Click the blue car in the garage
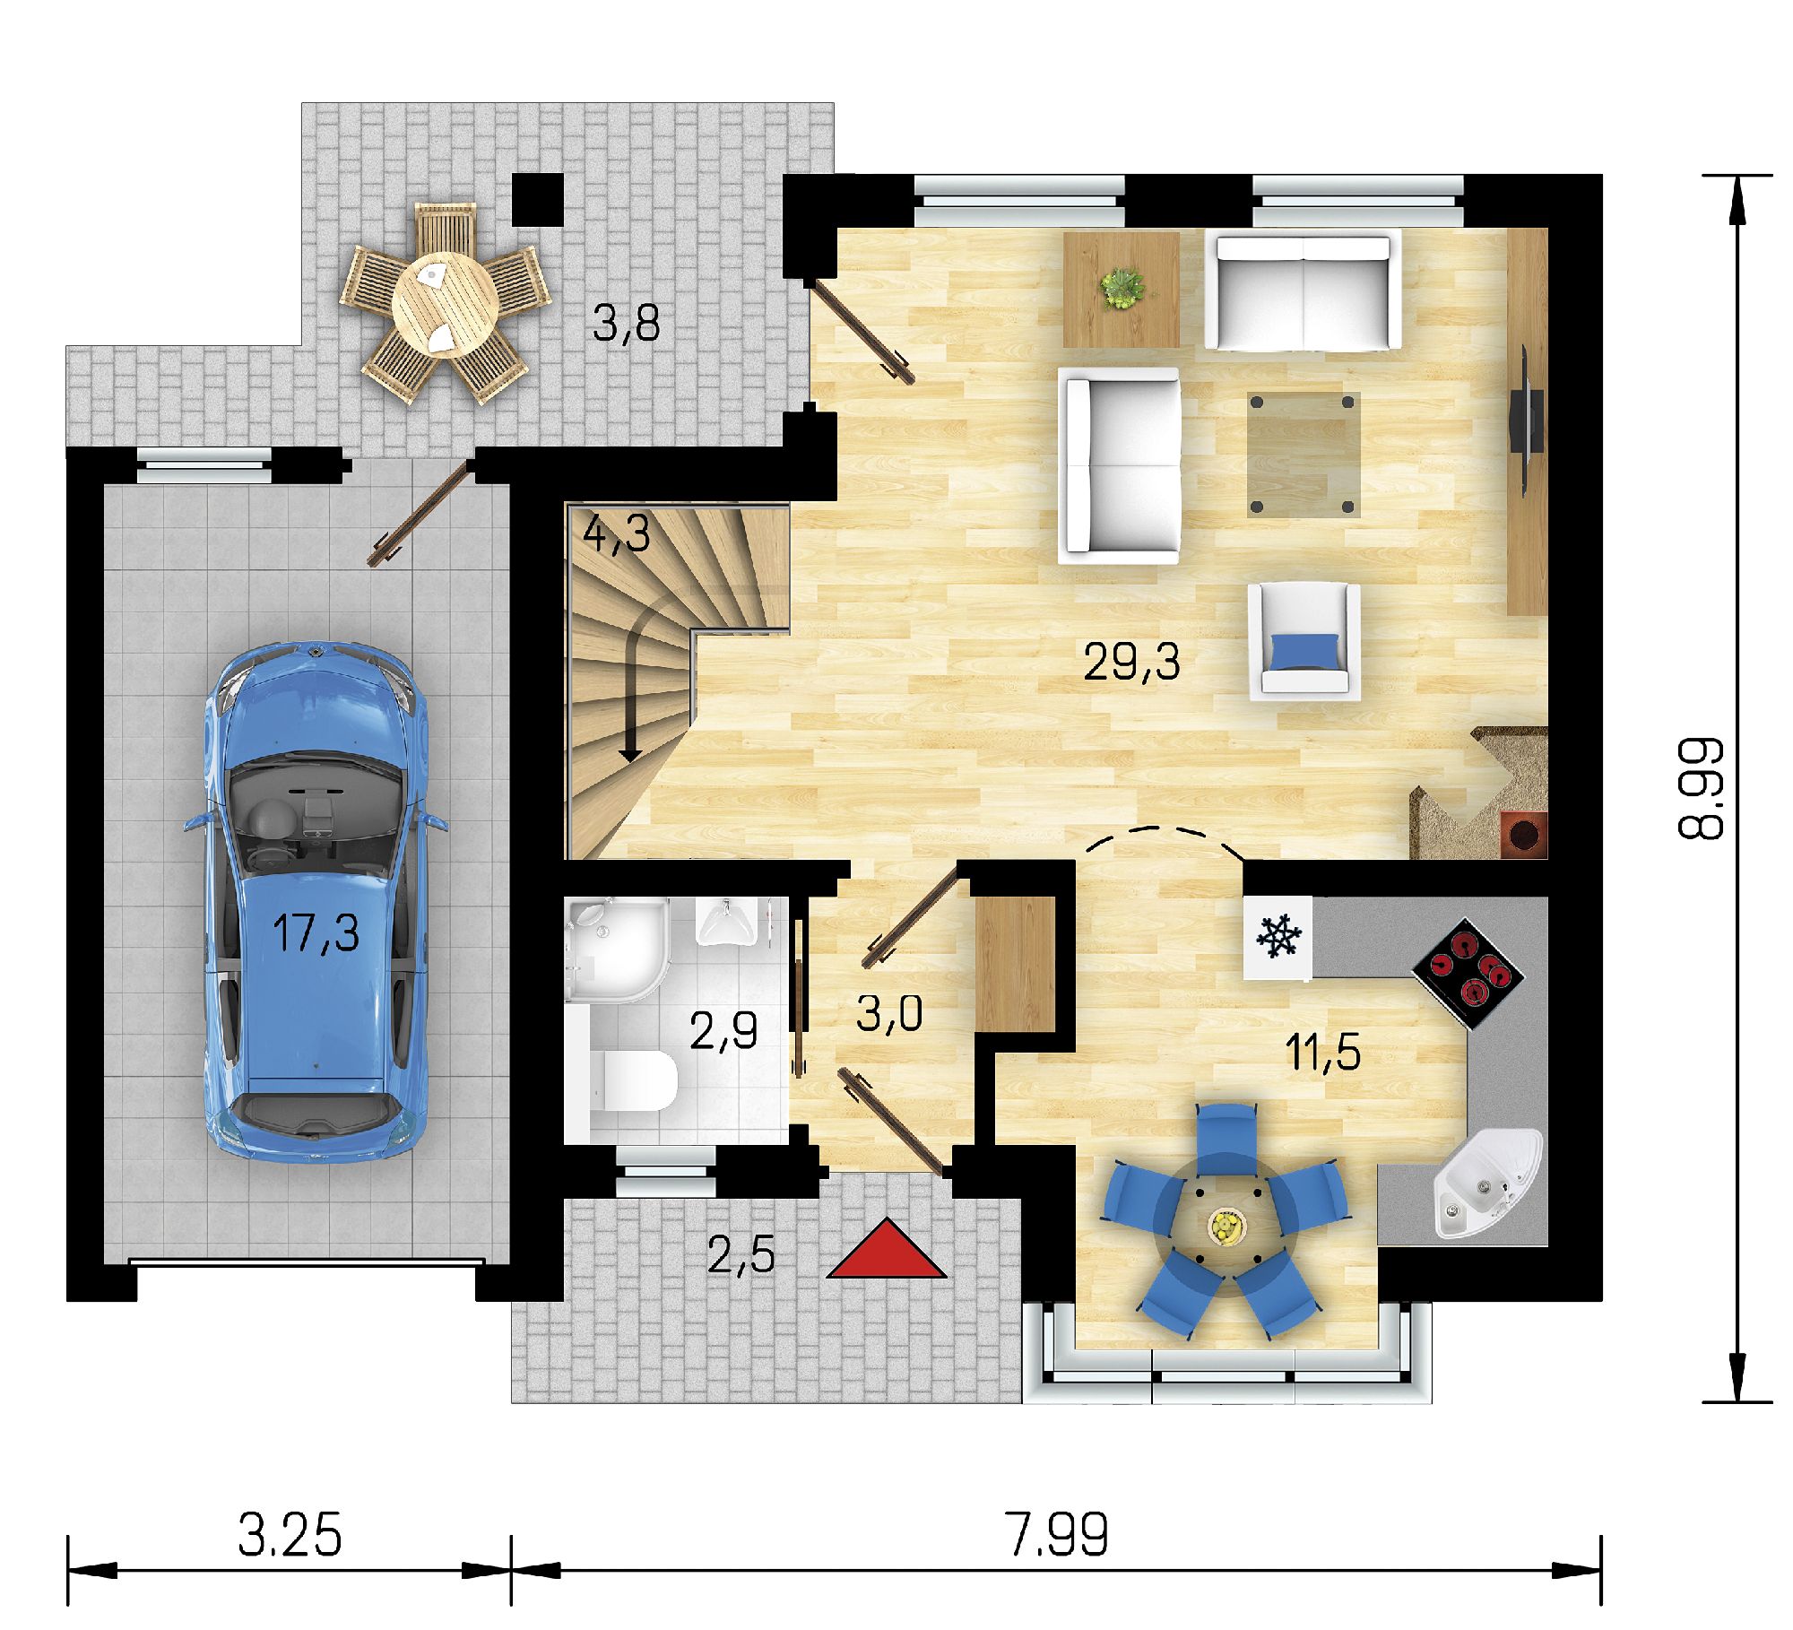316,902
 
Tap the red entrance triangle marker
886,1249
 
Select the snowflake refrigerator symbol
1278,937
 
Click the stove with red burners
1468,974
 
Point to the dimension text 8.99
1701,788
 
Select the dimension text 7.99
1058,1536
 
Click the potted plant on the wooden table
1122,289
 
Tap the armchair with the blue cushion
1305,638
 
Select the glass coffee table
1304,455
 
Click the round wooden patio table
446,304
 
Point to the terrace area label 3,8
626,324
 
